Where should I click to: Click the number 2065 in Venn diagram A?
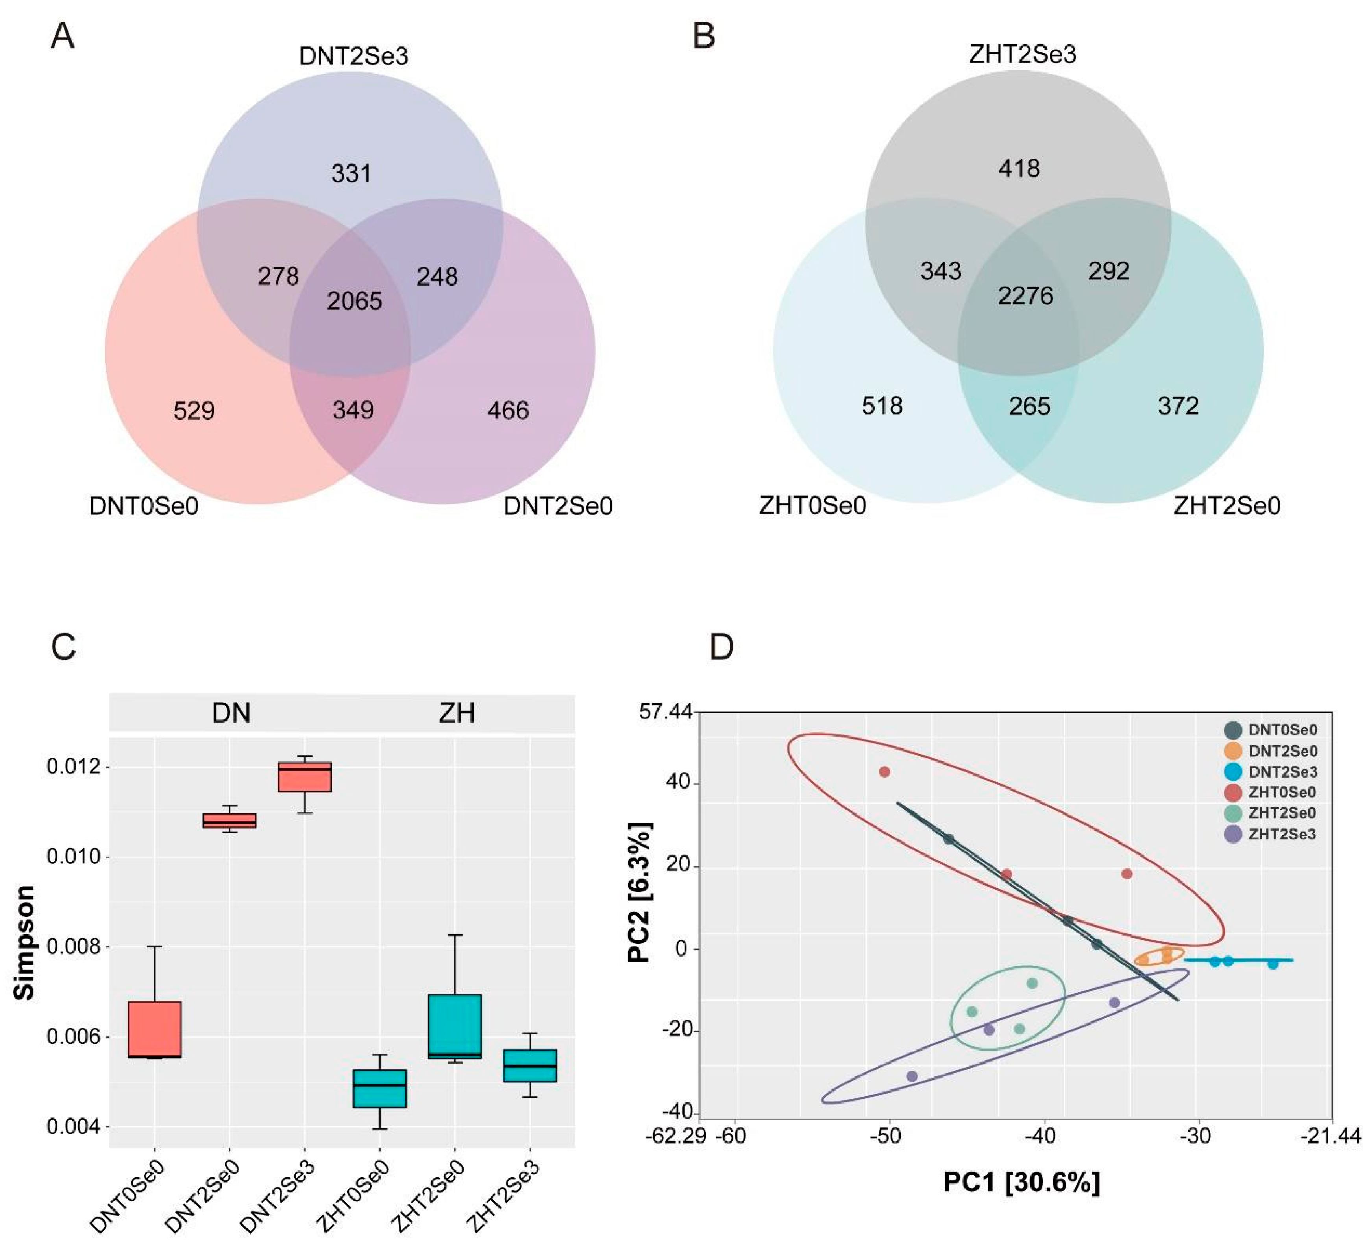[x=355, y=300]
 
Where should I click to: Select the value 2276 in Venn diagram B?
[x=1025, y=296]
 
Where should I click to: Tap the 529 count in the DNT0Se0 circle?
[x=194, y=411]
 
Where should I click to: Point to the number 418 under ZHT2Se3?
[x=1019, y=168]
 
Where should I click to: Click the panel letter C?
[x=64, y=647]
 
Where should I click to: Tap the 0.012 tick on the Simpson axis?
[x=73, y=767]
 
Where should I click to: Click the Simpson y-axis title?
[x=25, y=942]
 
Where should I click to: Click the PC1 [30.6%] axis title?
[x=1021, y=1182]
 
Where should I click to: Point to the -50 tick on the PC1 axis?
[x=886, y=1136]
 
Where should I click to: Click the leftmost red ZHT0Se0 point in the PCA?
[x=884, y=772]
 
